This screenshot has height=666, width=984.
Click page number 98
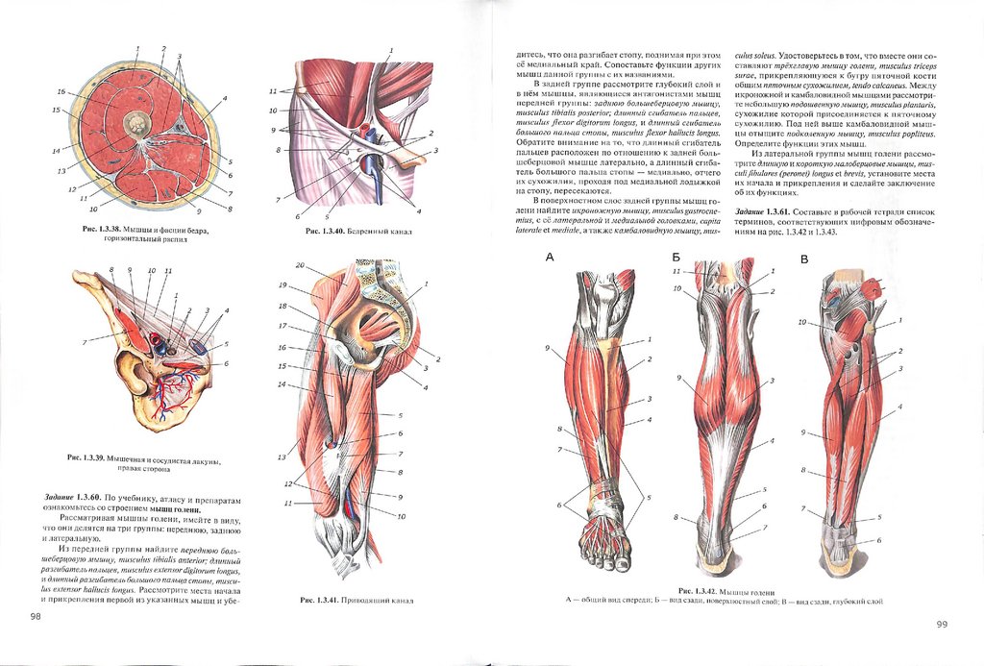(36, 615)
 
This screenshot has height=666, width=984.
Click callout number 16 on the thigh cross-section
(61, 92)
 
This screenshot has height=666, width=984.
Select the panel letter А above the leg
(550, 258)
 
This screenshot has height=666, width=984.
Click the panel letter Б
(676, 258)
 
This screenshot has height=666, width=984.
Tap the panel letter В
(804, 259)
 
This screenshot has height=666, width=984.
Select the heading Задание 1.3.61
(761, 210)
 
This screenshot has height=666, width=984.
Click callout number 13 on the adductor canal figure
(283, 456)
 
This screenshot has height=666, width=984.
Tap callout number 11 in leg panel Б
(676, 272)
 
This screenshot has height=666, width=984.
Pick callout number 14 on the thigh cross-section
(56, 151)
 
